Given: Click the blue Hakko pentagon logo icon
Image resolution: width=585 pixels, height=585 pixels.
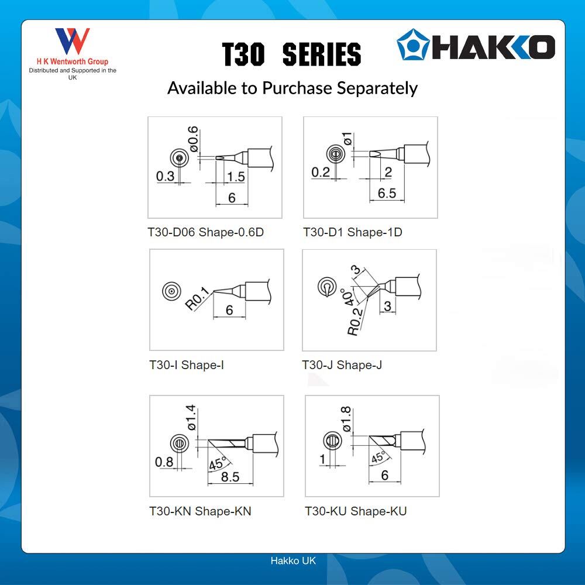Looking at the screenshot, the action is click(x=412, y=44).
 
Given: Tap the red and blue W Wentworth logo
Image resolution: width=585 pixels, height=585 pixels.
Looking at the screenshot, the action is click(x=73, y=41).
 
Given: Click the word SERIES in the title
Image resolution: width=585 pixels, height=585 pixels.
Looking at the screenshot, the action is click(x=322, y=54).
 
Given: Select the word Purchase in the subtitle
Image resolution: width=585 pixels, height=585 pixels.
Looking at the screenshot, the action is click(x=297, y=88).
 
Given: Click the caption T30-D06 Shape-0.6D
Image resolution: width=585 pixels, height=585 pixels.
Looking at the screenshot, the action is click(x=205, y=232).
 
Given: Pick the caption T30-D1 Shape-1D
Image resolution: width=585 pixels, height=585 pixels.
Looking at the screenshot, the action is click(x=353, y=232).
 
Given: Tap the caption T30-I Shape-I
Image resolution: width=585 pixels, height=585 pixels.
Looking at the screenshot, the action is click(x=187, y=365).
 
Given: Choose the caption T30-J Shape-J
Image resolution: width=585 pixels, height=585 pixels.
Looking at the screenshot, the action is click(x=342, y=365).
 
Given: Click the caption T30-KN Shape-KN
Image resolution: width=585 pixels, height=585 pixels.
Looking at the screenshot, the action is click(x=200, y=511).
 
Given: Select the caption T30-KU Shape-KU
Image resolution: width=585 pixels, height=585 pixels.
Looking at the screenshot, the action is click(x=356, y=511).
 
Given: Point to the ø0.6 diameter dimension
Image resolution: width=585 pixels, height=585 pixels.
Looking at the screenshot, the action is click(x=193, y=139).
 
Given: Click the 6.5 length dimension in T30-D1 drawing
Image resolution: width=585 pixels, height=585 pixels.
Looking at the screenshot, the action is click(x=387, y=193).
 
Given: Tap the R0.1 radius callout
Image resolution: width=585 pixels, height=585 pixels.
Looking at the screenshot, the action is click(x=198, y=298).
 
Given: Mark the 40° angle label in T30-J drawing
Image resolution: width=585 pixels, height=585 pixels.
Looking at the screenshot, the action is click(x=347, y=297).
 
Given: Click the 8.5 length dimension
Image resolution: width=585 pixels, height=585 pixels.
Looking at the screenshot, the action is click(x=230, y=477).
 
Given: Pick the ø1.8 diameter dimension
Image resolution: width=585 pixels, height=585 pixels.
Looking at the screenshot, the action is click(x=346, y=419).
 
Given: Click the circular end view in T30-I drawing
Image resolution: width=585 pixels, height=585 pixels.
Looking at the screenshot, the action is click(x=171, y=291).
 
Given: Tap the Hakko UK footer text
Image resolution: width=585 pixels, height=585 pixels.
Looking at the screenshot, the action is click(x=293, y=560).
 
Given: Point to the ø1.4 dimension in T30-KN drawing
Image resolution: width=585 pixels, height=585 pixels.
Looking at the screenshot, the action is click(x=191, y=418).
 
